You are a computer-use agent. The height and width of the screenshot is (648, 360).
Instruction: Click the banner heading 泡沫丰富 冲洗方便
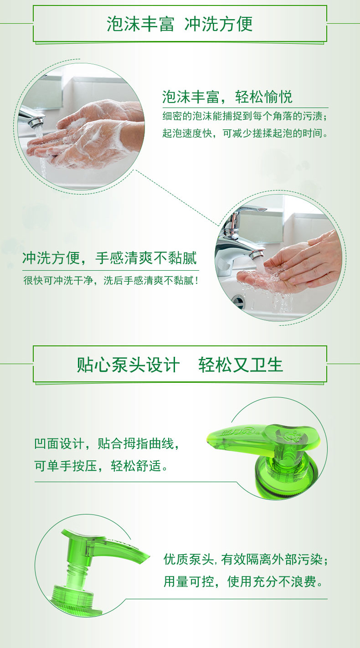(x=180, y=24)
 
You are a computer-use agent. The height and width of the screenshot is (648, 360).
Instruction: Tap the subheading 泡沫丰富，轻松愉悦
(x=227, y=97)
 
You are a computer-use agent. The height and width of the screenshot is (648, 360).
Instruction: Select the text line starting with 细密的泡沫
(x=245, y=116)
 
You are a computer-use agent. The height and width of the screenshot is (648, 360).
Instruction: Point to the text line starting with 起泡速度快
(x=245, y=133)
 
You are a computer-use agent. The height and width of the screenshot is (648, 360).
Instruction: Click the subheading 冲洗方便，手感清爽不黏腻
(x=110, y=258)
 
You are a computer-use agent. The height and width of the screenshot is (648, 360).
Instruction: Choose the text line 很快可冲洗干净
(x=111, y=280)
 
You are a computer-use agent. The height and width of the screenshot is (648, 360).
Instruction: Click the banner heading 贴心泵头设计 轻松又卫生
(x=180, y=365)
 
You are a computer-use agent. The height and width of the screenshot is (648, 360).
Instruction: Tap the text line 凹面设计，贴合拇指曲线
(x=107, y=444)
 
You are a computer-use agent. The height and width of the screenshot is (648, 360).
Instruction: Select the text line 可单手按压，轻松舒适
(x=101, y=466)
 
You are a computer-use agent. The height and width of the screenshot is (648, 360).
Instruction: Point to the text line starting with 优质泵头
(x=246, y=559)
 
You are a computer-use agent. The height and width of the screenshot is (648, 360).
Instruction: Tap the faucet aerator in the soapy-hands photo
(x=36, y=122)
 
